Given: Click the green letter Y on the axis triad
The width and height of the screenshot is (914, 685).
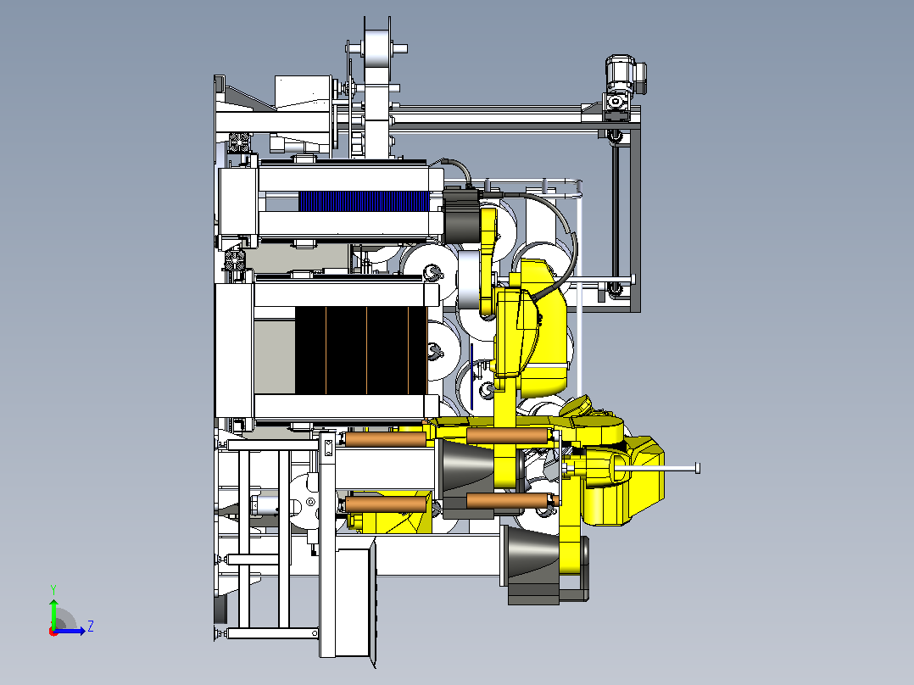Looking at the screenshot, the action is pos(53,589).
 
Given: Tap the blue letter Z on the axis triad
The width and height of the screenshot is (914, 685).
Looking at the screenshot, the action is pos(91,627).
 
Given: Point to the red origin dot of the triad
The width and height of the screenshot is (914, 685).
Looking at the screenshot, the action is pos(53,632).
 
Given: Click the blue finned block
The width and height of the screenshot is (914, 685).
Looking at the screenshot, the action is pos(365,202).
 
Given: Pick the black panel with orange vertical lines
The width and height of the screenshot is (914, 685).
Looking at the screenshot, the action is pos(361,350).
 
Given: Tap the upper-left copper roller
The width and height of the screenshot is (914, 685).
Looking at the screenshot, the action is pos(386,439).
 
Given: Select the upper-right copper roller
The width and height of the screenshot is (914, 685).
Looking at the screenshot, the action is pos(509,436).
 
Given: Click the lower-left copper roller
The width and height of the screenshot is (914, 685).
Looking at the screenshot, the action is pos(386,504).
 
